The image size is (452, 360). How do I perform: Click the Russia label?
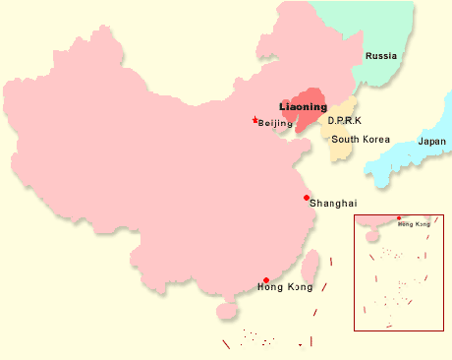tap(381, 56)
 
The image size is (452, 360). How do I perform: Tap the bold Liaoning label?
tap(304, 106)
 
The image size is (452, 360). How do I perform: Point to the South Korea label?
tap(361, 140)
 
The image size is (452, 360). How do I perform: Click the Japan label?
tap(431, 142)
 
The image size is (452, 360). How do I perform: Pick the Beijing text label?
tap(275, 123)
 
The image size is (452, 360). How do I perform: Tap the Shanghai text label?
tap(333, 204)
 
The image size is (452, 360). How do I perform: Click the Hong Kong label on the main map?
tap(284, 287)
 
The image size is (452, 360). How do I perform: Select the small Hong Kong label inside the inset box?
tap(414, 224)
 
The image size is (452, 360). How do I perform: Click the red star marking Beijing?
tap(254, 120)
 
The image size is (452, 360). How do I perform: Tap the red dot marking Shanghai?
tap(307, 198)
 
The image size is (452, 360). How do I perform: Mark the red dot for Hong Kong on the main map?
tap(266, 280)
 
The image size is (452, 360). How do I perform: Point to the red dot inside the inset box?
tap(398, 218)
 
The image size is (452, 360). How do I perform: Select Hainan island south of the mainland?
tap(227, 311)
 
